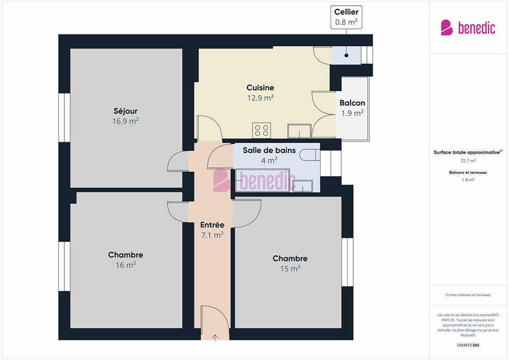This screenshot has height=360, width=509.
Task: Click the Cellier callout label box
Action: (347, 17)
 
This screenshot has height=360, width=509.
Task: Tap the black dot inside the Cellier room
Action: (347, 56)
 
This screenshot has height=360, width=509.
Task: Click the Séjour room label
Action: (125, 116)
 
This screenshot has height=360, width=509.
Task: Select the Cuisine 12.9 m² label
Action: (260, 93)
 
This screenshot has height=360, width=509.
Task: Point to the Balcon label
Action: (352, 108)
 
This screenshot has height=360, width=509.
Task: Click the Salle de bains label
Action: (269, 155)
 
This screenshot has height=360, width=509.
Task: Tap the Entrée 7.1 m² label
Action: (212, 230)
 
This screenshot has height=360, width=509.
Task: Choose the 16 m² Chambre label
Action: (125, 260)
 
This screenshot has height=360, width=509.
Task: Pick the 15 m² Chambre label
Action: (290, 263)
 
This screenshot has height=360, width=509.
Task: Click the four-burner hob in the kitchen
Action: (262, 131)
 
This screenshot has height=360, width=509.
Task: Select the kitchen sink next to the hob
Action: (299, 131)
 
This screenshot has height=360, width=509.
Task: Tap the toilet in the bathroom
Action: (310, 155)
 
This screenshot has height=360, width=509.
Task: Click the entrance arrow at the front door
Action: (215, 337)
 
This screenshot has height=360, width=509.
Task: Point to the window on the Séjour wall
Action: (64, 117)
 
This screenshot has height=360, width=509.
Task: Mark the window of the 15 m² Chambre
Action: (348, 262)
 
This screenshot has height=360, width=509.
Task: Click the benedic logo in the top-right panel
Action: (468, 28)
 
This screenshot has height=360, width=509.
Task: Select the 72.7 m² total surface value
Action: (468, 160)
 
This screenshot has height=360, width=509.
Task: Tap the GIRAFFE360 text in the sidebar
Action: (468, 345)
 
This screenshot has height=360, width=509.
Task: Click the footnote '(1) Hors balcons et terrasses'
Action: (468, 295)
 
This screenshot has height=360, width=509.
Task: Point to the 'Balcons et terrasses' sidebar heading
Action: (468, 172)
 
